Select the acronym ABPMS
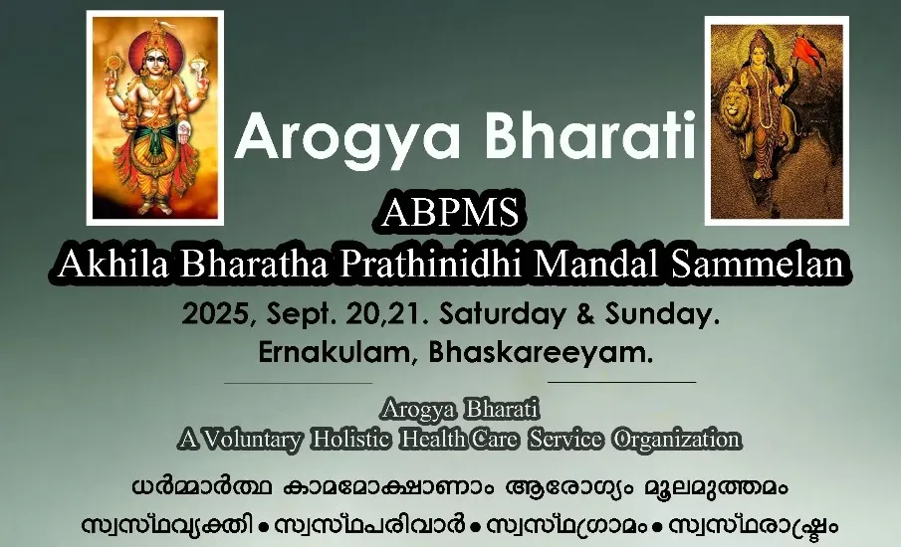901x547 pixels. (x=450, y=213)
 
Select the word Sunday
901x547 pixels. (x=658, y=314)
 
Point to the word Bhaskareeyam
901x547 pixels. (x=541, y=352)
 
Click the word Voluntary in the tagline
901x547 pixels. (x=252, y=440)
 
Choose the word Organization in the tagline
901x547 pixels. (x=677, y=441)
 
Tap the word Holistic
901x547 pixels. (x=351, y=440)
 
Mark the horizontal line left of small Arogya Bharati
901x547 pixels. (x=299, y=382)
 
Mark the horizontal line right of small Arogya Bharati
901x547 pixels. (x=621, y=382)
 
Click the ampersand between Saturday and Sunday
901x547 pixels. (x=585, y=314)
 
